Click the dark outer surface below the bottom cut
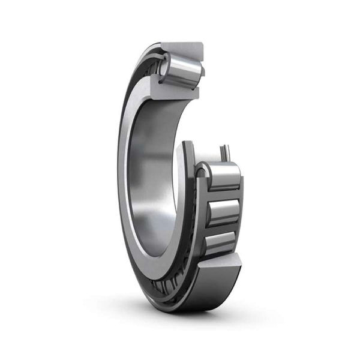(204, 294)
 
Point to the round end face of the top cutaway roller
(164, 67)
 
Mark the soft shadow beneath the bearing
(180, 318)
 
